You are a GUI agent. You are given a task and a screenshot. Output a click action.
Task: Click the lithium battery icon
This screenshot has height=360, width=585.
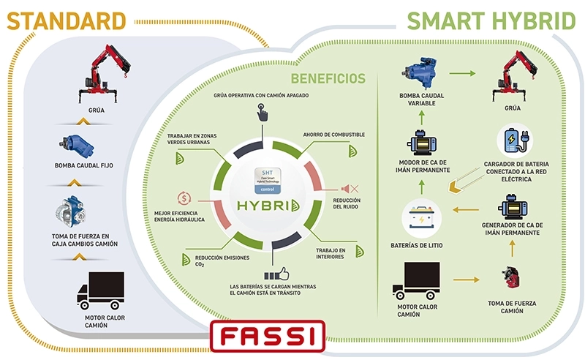425,217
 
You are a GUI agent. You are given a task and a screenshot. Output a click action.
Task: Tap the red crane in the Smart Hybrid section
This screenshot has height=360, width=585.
513,77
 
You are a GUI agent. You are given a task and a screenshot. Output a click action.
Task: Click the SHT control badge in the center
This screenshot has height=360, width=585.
266,178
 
